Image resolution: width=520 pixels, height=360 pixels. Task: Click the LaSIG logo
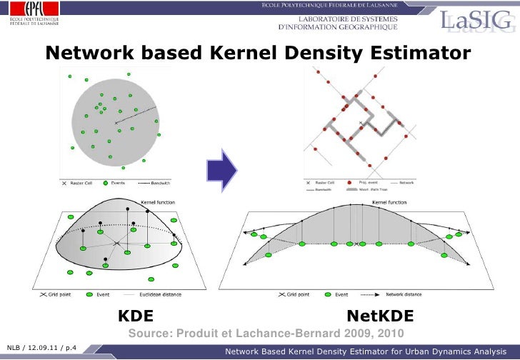(476, 21)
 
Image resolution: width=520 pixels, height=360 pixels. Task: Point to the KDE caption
(134, 316)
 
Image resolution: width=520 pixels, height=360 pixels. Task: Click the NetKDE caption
(380, 316)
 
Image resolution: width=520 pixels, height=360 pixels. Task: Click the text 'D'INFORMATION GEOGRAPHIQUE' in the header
(336, 26)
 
